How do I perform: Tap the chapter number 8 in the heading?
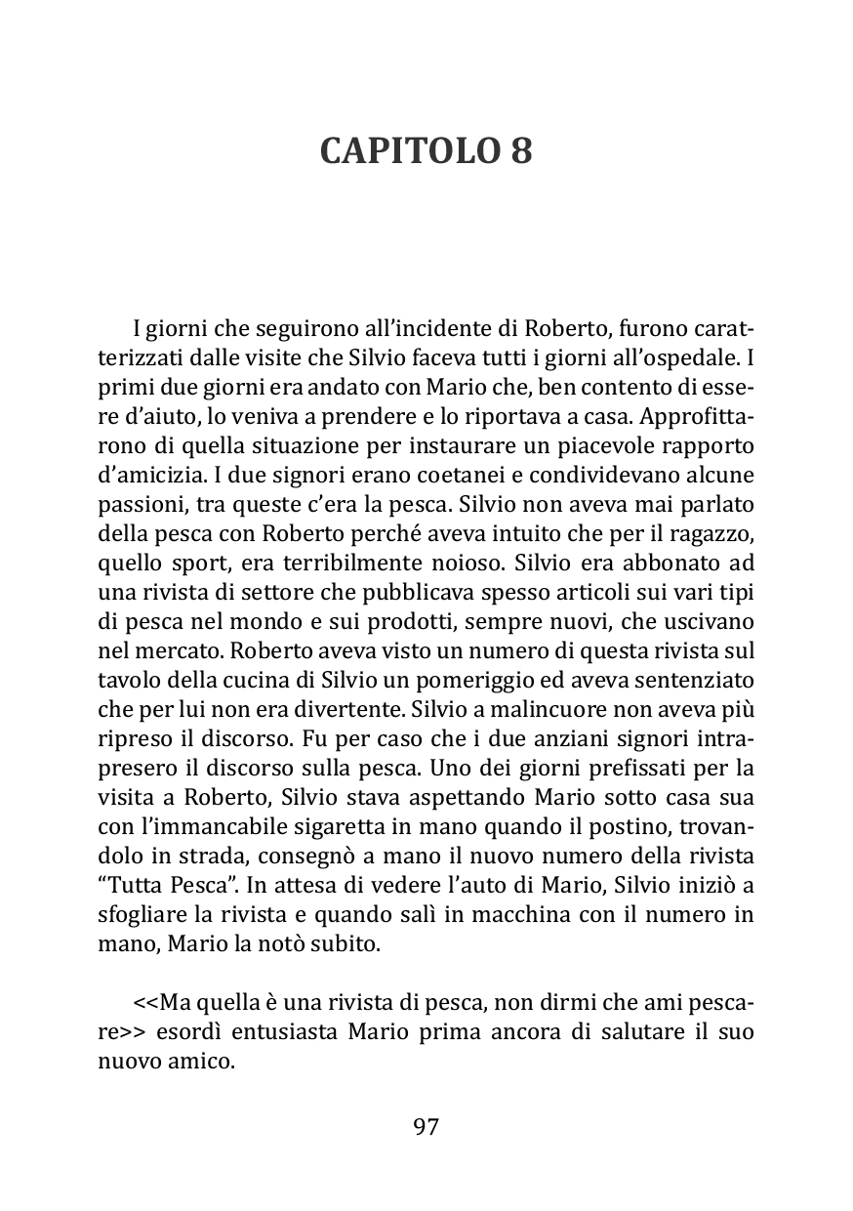[x=521, y=151]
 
